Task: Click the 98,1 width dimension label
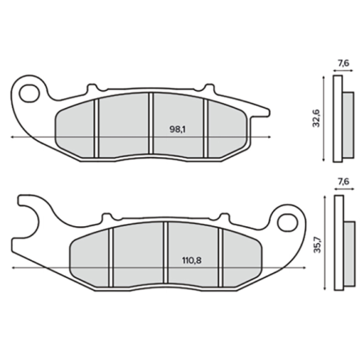pos(178,130)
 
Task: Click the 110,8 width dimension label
pos(192,260)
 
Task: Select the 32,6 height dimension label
pos(316,118)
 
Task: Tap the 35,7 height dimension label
pos(317,244)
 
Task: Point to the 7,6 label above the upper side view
pos(343,64)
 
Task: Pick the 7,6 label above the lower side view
pos(344,182)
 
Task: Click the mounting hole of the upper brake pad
pos(29,93)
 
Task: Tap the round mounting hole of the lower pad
pos(287,222)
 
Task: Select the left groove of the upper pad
pos(97,128)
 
